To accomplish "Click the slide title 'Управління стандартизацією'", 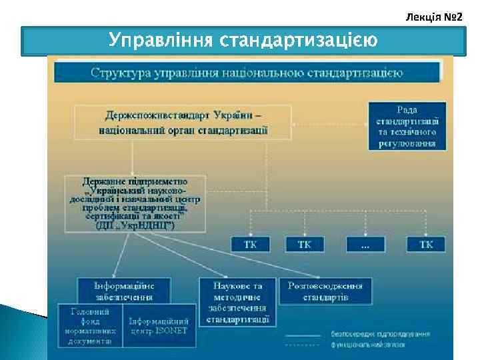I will point(243,40).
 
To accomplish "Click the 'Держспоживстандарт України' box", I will point(183,122).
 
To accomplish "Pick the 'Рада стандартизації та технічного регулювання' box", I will point(407,125).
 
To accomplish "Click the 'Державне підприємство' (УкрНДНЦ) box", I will point(136,203).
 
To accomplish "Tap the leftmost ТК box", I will point(251,245).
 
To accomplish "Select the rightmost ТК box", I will point(426,245).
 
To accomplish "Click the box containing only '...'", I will point(365,245).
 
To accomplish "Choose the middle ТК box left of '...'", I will point(305,245).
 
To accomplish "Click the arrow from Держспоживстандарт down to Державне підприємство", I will point(133,157).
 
